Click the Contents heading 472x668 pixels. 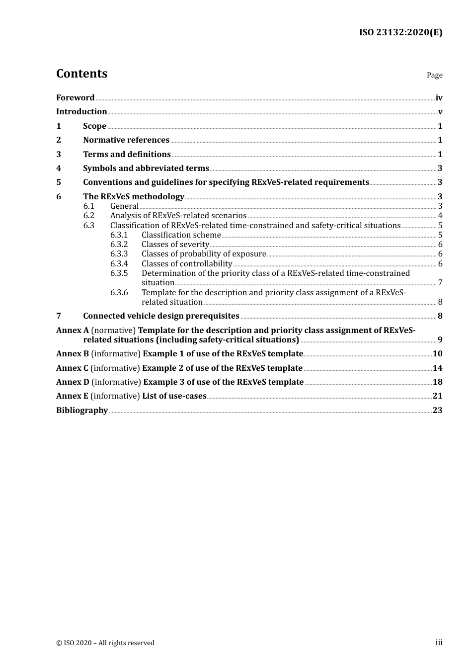tap(81, 74)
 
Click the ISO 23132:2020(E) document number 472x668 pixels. tap(400, 32)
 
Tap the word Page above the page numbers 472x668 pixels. tap(434, 75)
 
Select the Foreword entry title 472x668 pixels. tap(75, 98)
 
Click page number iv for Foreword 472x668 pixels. tap(439, 98)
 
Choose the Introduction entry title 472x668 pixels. tap(81, 112)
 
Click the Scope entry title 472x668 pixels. tap(94, 126)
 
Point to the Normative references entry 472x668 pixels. tap(126, 140)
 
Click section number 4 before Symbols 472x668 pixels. tap(59, 168)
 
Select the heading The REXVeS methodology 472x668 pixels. tap(134, 197)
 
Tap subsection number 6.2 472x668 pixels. tap(88, 216)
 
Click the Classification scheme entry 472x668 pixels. tap(181, 235)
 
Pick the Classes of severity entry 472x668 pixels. tap(175, 245)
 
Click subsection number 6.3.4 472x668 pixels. tap(119, 264)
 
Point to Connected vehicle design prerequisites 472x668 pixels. tap(161, 316)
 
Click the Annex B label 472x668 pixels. tap(73, 354)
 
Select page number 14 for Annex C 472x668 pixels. tap(437, 368)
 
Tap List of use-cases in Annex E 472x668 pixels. tap(174, 396)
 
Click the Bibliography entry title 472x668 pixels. tap(82, 411)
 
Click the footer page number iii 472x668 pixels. tap(439, 643)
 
